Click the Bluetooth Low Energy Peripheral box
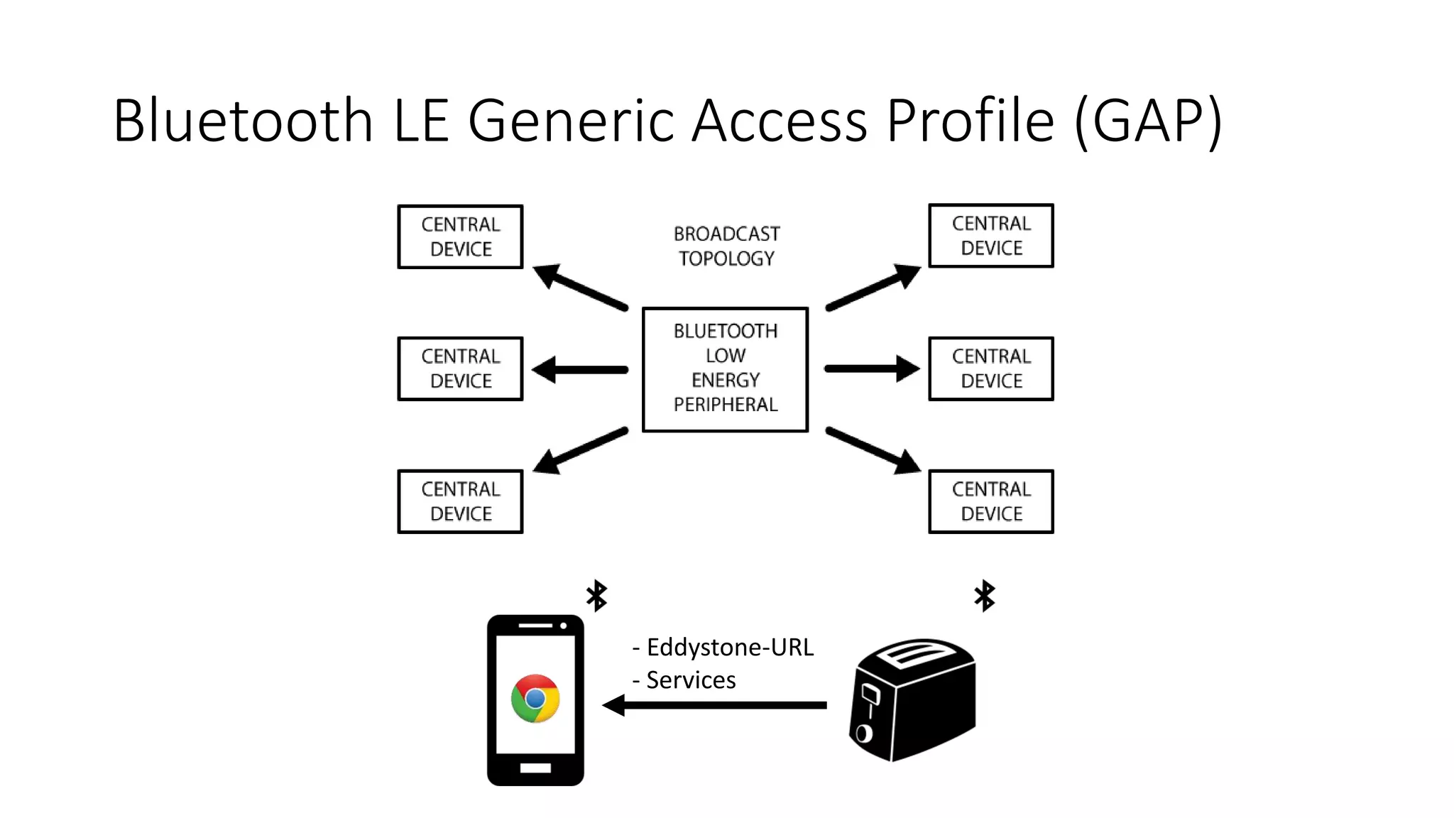(725, 369)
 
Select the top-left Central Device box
(460, 236)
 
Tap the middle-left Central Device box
(460, 369)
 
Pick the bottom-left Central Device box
(460, 501)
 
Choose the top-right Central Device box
(990, 236)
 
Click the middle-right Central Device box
(990, 369)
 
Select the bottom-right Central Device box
(990, 501)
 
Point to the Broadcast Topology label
(726, 246)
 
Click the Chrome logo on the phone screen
(535, 698)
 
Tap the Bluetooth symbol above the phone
(596, 595)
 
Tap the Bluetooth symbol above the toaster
(985, 595)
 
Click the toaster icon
(914, 699)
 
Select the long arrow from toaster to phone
(717, 705)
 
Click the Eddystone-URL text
(729, 647)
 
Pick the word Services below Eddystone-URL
(690, 680)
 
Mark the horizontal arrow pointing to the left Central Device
(581, 369)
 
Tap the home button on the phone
(535, 768)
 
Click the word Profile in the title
(970, 121)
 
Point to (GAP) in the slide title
(1148, 121)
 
